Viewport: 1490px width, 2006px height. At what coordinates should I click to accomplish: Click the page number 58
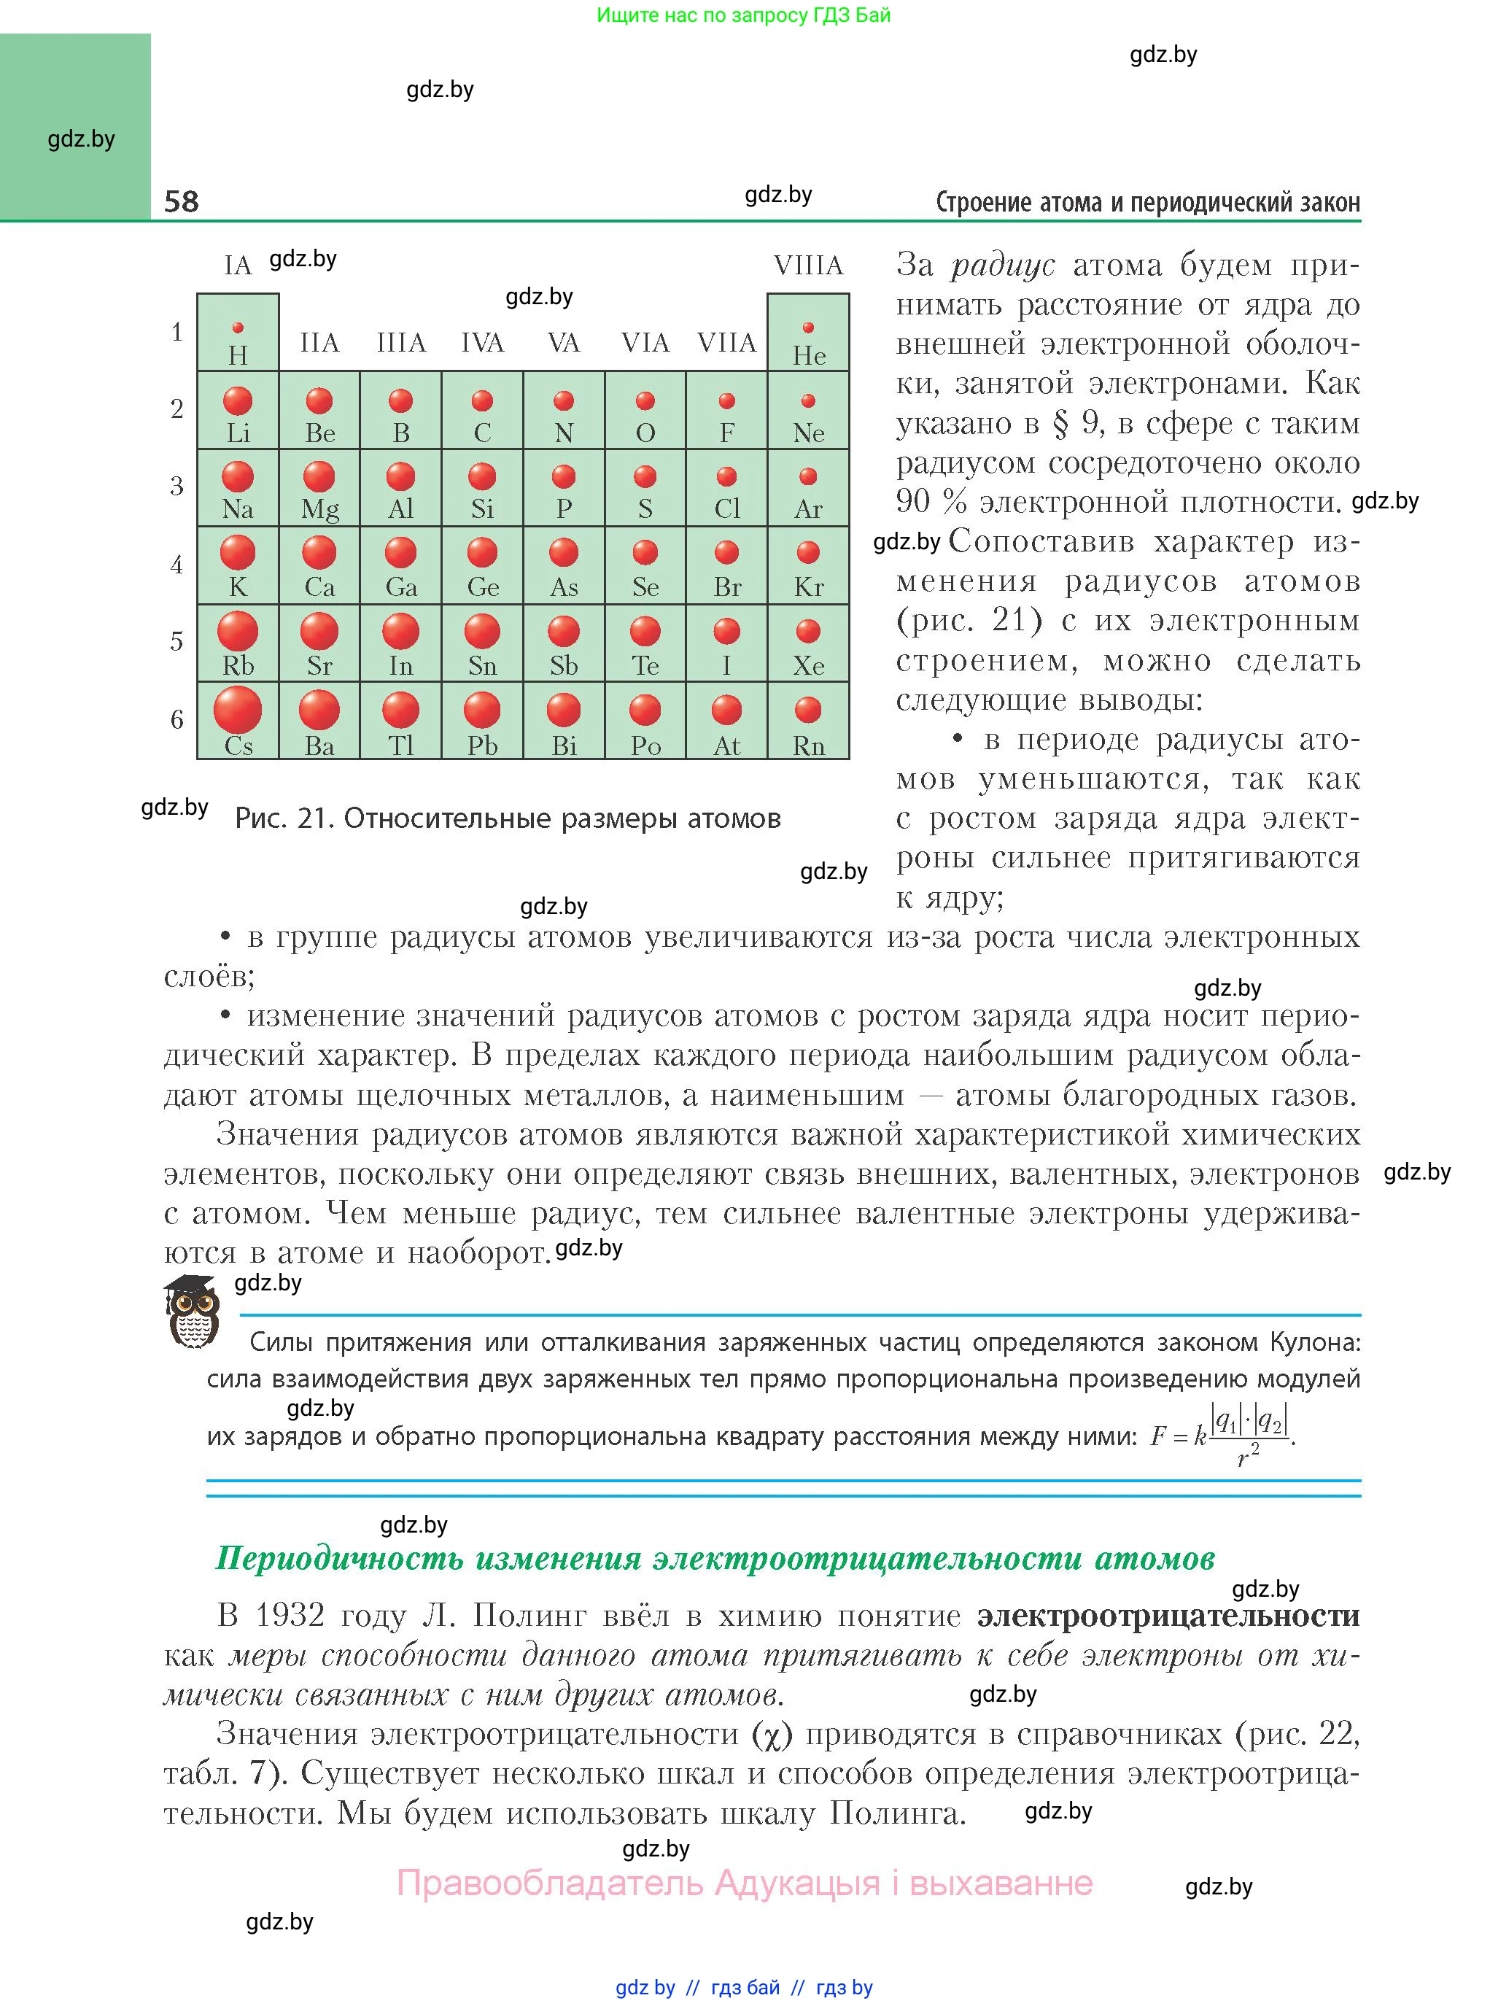182,201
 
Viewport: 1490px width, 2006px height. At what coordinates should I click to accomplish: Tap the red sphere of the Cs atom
237,709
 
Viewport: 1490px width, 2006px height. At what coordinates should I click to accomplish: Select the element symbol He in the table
809,356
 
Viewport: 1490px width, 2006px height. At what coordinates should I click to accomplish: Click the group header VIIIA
808,266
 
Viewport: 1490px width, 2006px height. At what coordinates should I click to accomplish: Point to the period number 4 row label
176,565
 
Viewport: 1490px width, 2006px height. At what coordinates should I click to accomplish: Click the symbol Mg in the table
319,510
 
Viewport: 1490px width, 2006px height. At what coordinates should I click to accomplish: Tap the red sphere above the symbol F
727,400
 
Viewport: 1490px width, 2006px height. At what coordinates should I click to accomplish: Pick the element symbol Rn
809,746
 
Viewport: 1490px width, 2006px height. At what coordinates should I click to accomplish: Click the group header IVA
483,343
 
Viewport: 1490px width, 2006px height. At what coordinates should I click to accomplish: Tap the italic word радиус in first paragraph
1002,266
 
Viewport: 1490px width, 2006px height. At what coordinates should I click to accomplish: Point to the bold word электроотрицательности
1168,1614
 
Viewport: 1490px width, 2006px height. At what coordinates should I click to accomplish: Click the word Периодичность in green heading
339,1557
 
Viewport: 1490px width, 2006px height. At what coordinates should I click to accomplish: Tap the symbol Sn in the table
483,667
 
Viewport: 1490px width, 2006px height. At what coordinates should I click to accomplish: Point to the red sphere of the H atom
238,328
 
